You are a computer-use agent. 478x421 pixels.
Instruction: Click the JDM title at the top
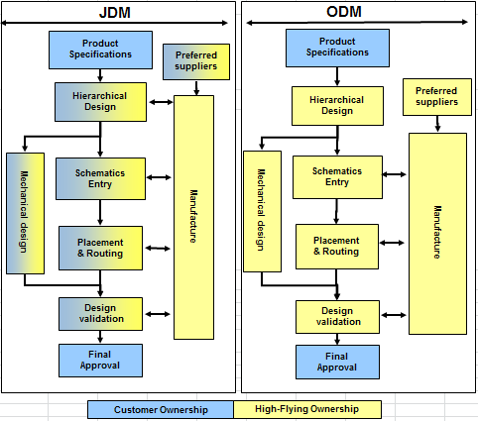115,13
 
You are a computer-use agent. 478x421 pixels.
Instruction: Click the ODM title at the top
344,12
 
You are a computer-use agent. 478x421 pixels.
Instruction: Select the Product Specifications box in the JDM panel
100,51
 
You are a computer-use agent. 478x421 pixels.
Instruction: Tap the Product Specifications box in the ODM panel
337,49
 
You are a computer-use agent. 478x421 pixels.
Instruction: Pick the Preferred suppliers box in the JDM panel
196,61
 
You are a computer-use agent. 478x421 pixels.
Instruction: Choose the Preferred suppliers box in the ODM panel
437,97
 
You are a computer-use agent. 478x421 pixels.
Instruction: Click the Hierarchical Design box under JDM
100,102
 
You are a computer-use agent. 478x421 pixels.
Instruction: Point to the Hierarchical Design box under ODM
337,106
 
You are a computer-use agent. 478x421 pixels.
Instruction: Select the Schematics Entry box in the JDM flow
100,178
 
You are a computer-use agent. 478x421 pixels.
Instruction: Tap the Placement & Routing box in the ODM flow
337,247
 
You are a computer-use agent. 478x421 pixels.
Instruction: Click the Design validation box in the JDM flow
100,314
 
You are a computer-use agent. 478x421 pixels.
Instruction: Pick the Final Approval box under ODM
337,362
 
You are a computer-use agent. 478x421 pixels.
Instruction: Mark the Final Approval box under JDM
100,361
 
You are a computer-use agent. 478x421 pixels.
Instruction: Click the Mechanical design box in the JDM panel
25,213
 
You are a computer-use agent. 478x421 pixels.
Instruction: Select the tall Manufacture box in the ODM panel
437,234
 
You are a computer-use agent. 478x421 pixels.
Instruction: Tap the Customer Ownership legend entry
161,410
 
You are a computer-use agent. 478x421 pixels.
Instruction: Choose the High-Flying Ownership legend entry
307,409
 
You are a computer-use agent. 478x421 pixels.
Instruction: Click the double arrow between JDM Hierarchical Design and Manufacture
161,102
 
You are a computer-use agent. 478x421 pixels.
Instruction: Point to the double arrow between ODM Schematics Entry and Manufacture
394,174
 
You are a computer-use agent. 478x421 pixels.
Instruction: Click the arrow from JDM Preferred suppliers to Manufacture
196,88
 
